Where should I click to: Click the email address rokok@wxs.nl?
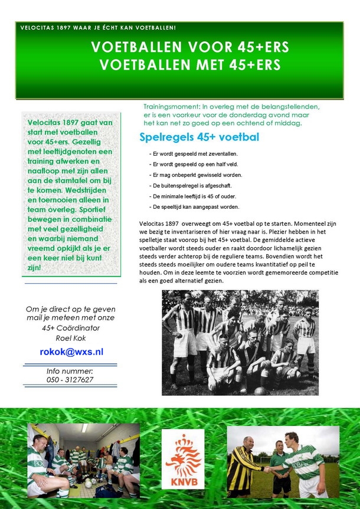(71, 352)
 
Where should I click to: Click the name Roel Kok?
(71, 337)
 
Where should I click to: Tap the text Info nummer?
(70, 371)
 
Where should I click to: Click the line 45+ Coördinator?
(71, 328)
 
